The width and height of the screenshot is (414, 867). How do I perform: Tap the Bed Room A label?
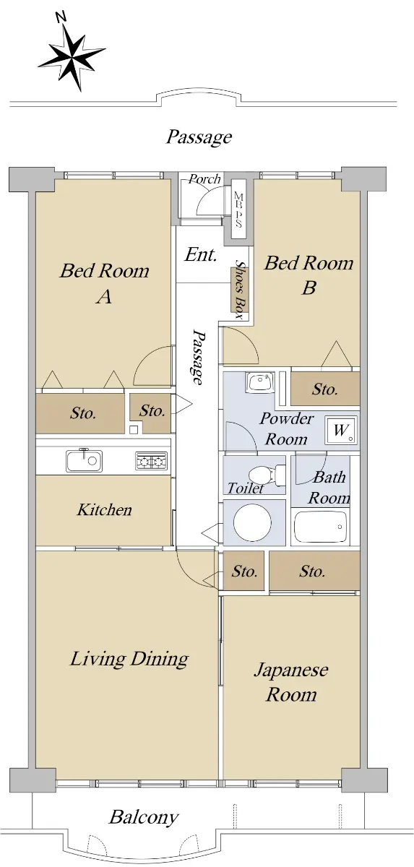105,283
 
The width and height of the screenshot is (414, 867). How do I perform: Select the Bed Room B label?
309,275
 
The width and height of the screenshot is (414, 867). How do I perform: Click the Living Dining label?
129,658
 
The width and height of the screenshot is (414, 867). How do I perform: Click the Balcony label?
144,816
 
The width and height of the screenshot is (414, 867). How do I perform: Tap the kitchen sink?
84,461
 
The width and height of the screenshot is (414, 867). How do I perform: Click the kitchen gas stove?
151,461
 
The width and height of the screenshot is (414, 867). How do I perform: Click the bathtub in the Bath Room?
320,527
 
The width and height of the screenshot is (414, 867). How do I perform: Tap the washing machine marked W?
340,430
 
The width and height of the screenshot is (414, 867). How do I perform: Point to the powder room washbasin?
260,382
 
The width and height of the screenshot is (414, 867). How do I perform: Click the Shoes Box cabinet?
239,290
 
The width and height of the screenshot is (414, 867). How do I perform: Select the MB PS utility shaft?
238,209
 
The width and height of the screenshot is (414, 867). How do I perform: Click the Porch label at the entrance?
204,179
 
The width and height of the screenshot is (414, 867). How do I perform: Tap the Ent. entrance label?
200,254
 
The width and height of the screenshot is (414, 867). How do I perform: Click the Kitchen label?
105,510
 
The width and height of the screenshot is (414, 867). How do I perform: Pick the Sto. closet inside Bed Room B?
325,389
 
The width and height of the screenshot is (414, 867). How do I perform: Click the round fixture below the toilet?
253,522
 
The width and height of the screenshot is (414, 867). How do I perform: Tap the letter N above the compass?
61,17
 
